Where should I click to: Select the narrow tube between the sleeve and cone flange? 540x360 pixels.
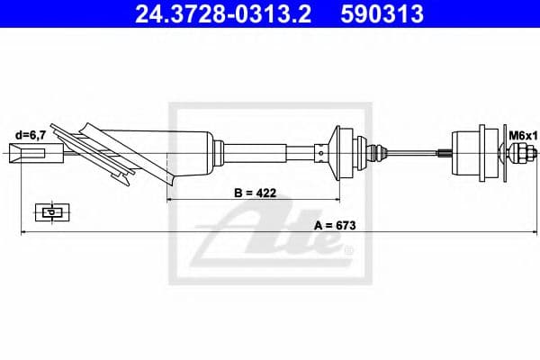[x=270, y=152]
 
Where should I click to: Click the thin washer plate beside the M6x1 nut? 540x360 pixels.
[x=501, y=152]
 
